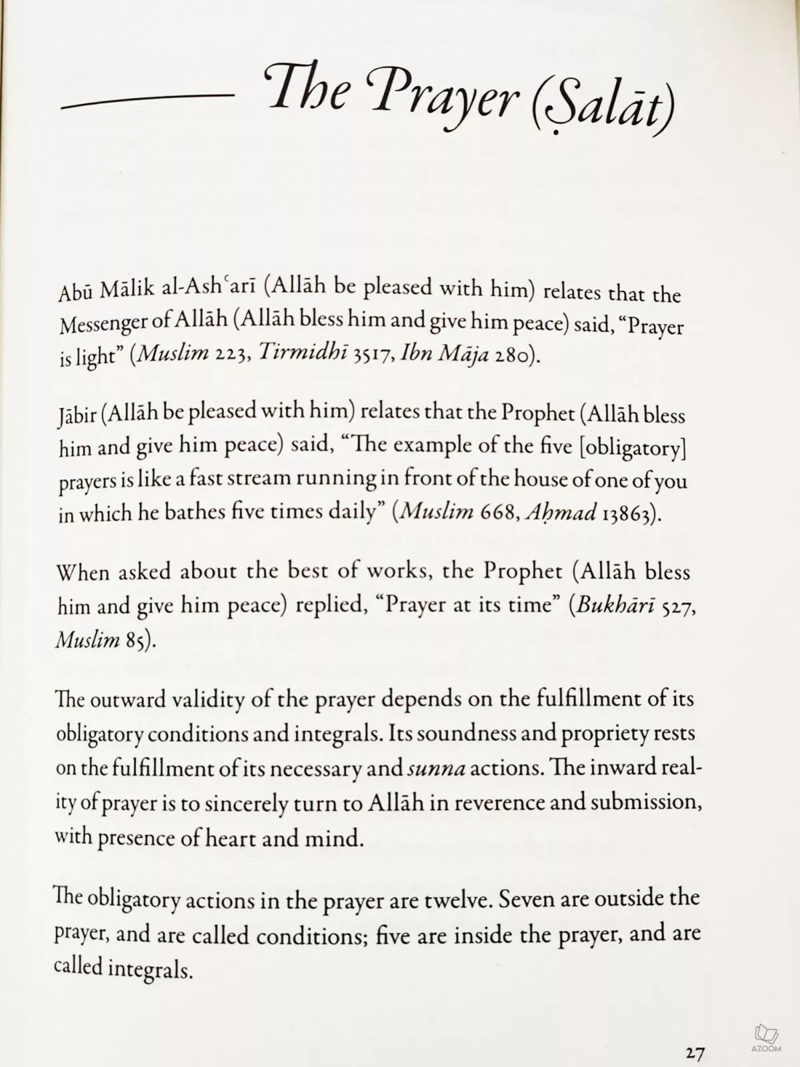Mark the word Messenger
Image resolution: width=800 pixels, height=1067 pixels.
[x=101, y=326]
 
